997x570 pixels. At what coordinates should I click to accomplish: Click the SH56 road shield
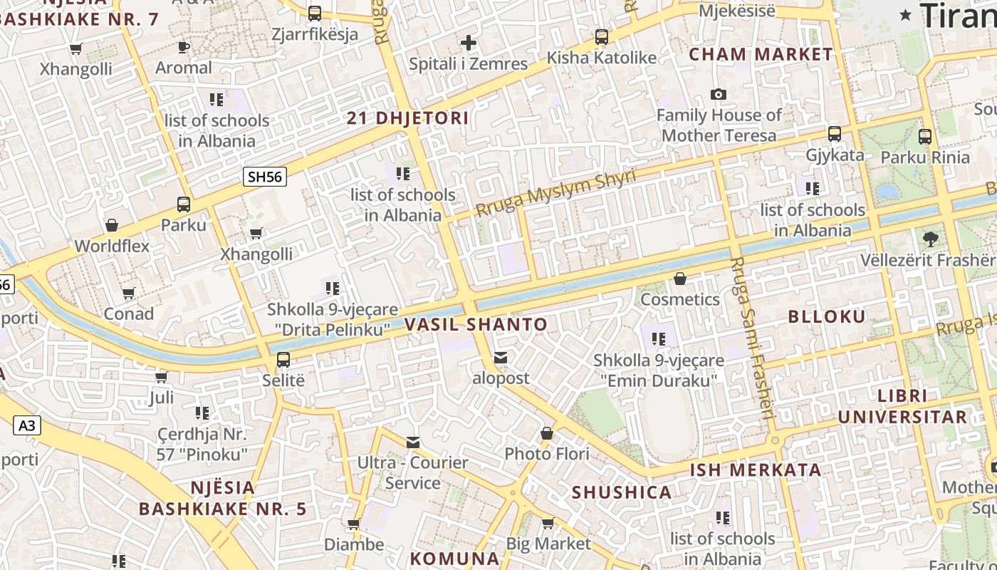click(265, 177)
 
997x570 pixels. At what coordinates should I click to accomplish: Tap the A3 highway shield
click(26, 426)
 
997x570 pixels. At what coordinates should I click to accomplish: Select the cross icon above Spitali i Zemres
click(468, 43)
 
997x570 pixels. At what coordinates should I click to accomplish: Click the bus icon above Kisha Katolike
click(602, 37)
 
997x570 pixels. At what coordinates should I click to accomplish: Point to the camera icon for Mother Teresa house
click(719, 94)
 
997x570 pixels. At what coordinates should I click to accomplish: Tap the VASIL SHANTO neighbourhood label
click(476, 325)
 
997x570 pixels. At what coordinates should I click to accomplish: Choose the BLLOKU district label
click(826, 317)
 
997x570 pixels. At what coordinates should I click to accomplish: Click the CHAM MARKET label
click(761, 54)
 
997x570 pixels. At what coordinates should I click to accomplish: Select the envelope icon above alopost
click(501, 357)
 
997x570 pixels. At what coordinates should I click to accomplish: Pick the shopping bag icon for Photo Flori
click(547, 433)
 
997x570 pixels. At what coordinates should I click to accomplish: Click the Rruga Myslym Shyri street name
click(555, 193)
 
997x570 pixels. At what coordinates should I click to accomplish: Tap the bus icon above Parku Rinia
click(924, 136)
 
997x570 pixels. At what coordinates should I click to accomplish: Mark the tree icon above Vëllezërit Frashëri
click(930, 239)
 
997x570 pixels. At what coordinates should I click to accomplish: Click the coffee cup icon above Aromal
click(184, 47)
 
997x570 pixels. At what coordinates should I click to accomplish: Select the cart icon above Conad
click(129, 293)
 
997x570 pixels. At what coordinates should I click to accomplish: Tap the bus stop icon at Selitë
click(283, 359)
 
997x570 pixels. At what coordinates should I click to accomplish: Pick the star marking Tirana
click(905, 15)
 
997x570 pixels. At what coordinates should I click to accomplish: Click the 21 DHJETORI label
click(407, 118)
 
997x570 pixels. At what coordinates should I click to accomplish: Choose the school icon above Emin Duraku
click(659, 338)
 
